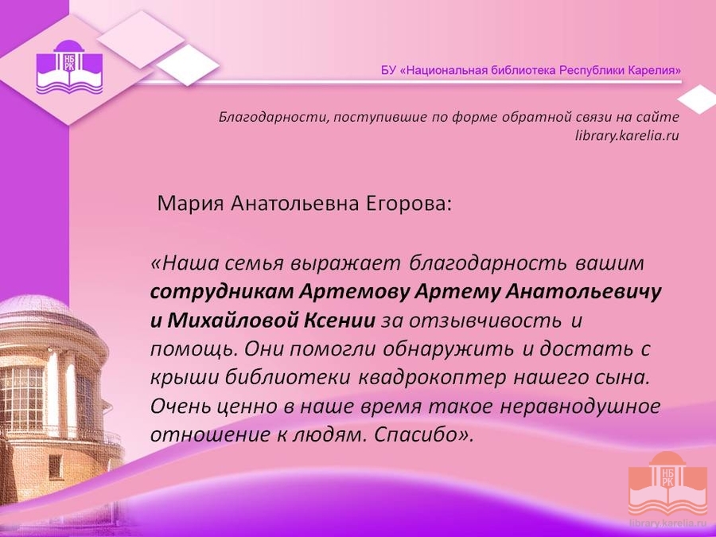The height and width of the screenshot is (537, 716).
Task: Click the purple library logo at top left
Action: [69, 67]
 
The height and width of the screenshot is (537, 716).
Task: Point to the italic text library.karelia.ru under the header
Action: [627, 135]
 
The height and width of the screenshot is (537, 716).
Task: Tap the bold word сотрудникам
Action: [222, 292]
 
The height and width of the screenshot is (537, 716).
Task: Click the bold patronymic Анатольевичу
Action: [583, 292]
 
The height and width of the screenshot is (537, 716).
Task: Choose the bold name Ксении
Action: [339, 321]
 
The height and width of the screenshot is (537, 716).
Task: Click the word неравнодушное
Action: [580, 407]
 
